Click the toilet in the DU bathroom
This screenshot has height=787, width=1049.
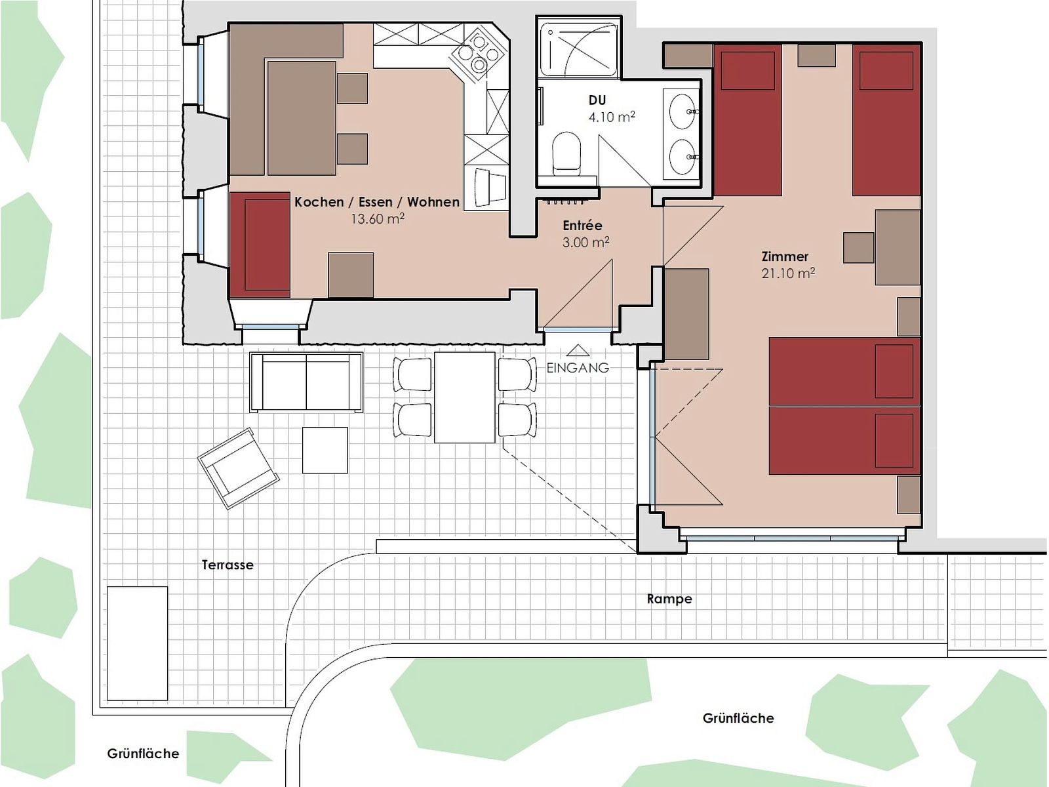click(x=567, y=153)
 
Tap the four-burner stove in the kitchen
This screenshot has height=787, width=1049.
click(x=478, y=54)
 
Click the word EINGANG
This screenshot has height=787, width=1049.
click(x=578, y=367)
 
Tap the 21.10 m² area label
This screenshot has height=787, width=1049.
click(x=788, y=273)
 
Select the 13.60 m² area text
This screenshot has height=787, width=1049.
click(x=378, y=218)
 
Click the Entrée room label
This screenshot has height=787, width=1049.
click(x=582, y=225)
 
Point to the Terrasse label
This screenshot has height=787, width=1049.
click(x=228, y=565)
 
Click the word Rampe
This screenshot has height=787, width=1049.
click(x=669, y=599)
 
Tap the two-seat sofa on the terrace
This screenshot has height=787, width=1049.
click(x=306, y=382)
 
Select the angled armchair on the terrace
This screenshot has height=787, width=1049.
click(x=239, y=468)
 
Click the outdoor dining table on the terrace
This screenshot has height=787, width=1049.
click(x=465, y=397)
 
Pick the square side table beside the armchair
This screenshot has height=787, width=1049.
click(x=325, y=450)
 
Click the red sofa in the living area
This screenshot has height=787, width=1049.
click(x=260, y=245)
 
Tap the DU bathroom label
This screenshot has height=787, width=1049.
click(x=597, y=100)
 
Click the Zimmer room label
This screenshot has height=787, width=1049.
click(x=785, y=256)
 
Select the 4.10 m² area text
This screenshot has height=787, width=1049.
click(x=612, y=117)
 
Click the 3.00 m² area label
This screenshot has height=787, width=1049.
click(x=586, y=242)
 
